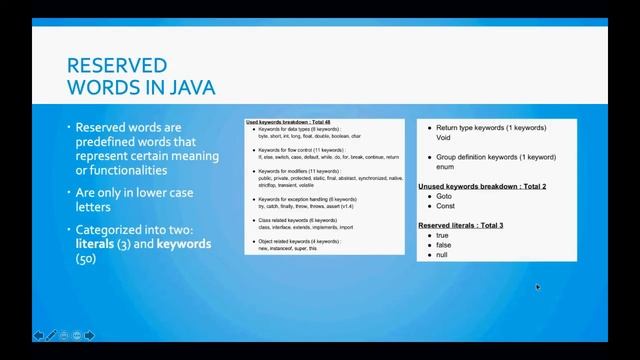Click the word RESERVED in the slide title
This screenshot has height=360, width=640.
[x=116, y=66]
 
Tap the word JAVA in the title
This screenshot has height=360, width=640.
[x=188, y=88]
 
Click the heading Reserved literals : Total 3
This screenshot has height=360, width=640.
[x=460, y=226]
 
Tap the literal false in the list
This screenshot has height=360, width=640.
[x=444, y=245]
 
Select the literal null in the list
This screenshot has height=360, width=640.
[x=442, y=255]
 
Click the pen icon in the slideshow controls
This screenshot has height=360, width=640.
[x=52, y=336]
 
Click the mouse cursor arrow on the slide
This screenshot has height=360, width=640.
[x=538, y=288]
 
